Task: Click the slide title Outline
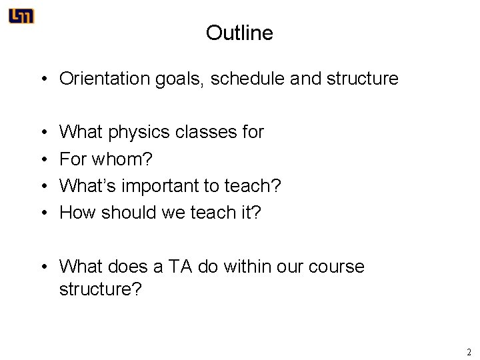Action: pos(239,33)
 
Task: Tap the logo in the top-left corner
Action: pos(21,16)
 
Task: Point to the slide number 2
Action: pos(469,351)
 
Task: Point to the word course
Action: pos(337,267)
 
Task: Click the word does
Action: pos(127,267)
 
